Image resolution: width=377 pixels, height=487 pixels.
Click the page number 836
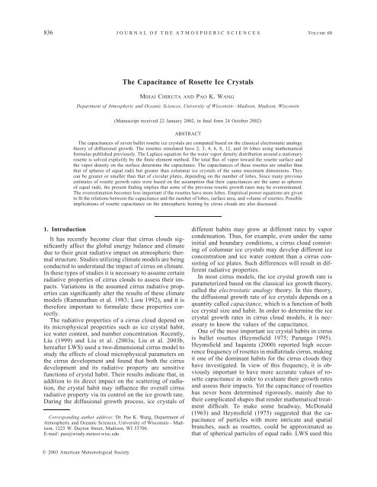(x=30, y=10)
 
